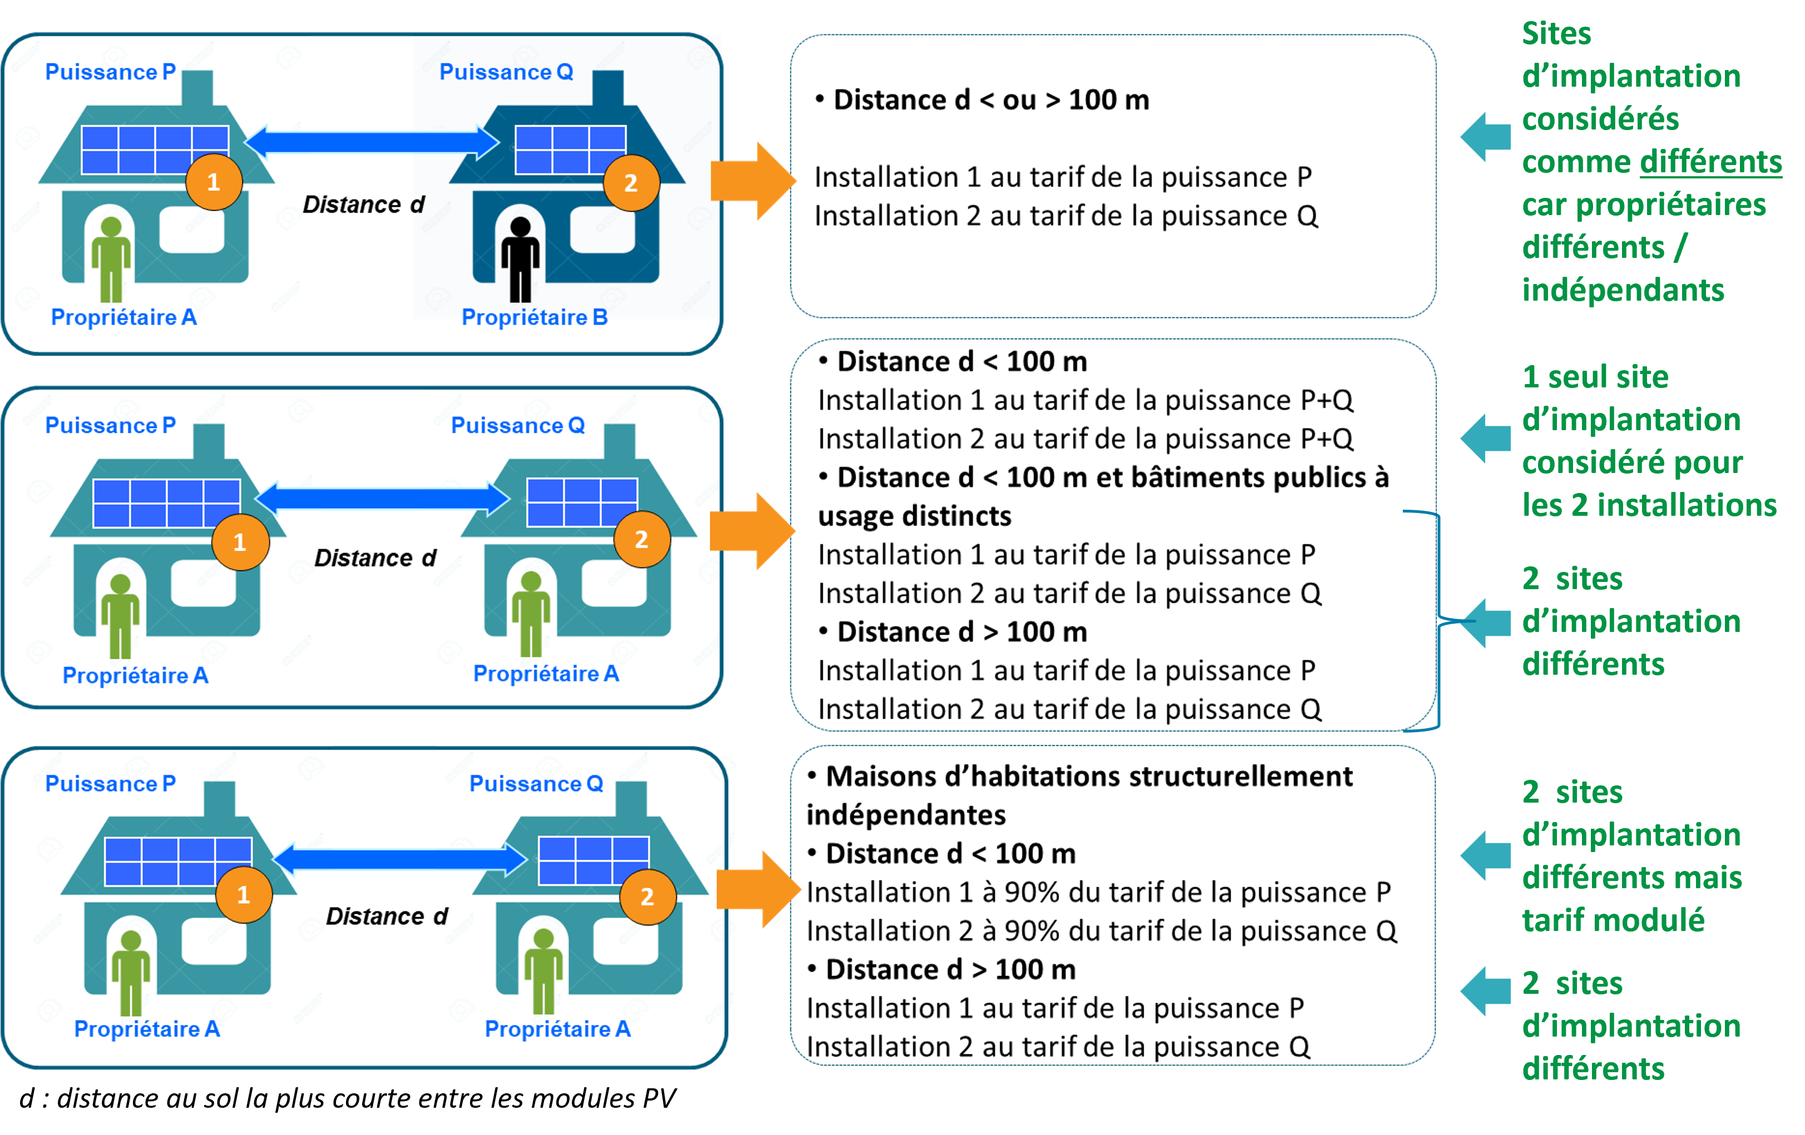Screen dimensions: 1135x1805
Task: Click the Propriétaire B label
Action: [535, 317]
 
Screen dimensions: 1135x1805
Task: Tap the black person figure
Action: [520, 258]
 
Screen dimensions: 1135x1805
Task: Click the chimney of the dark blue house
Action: [608, 88]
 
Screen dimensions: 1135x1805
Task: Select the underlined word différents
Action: [1710, 162]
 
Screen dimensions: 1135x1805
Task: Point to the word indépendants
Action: [1623, 291]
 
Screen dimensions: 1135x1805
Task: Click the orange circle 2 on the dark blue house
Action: [631, 183]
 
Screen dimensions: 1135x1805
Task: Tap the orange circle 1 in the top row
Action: [214, 182]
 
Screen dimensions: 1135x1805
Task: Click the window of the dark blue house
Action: [602, 228]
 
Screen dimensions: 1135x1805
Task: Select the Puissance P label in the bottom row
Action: [110, 784]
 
